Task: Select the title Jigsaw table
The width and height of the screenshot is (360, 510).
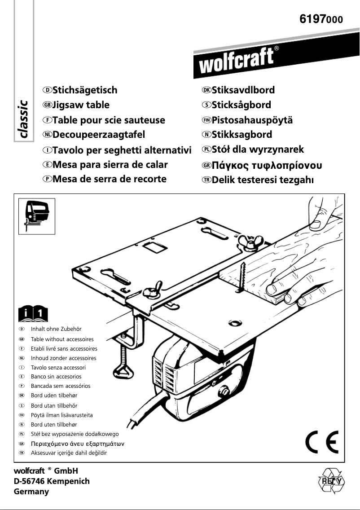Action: (81, 105)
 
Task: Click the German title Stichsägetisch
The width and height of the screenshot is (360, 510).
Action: (85, 90)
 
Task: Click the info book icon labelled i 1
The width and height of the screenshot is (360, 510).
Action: (33, 314)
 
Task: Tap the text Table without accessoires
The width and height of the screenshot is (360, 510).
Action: (62, 339)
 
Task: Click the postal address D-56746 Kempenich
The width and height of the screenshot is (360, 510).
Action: (52, 481)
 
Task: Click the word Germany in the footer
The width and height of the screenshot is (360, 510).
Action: (31, 492)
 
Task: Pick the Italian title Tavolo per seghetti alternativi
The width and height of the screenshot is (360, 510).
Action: (122, 149)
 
